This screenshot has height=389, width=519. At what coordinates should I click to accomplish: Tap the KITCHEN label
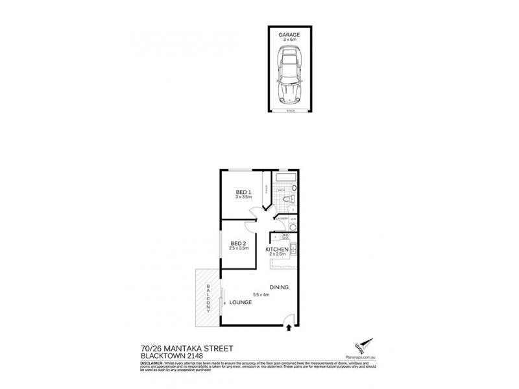277,248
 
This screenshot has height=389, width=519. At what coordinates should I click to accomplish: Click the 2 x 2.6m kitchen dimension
277,254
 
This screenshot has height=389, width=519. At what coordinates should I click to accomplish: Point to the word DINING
280,287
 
